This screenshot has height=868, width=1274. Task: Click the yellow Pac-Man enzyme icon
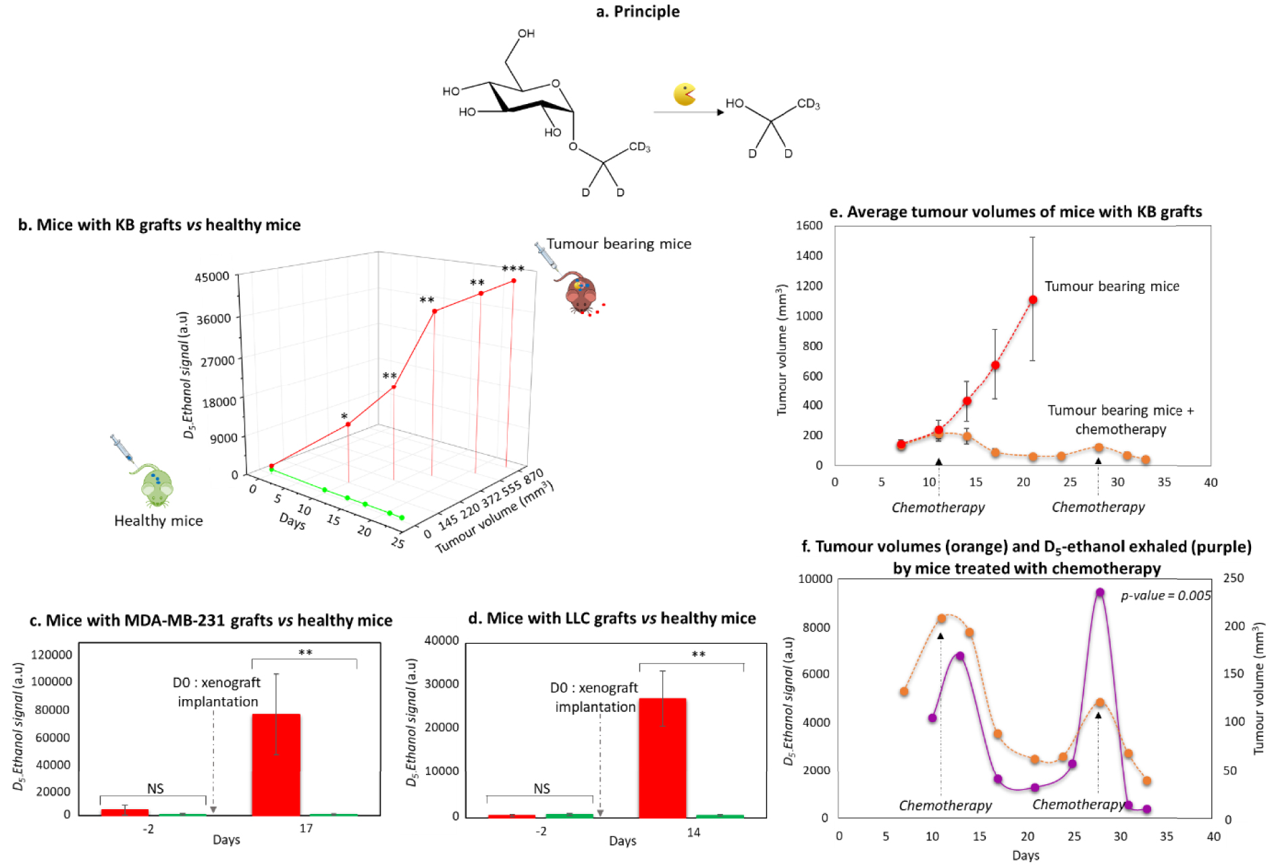pyautogui.click(x=684, y=95)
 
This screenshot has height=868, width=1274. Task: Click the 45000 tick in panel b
pyautogui.click(x=212, y=277)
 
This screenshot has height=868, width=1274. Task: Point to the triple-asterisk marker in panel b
pyautogui.click(x=513, y=269)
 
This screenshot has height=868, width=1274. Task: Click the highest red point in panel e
pyautogui.click(x=1032, y=300)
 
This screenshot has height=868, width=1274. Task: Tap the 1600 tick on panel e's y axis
pyautogui.click(x=809, y=226)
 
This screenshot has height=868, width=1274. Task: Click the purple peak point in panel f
pyautogui.click(x=1100, y=592)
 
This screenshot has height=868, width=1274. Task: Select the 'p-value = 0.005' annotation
pyautogui.click(x=1166, y=596)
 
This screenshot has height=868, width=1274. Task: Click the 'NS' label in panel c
pyautogui.click(x=155, y=788)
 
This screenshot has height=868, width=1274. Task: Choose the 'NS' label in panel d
pyautogui.click(x=541, y=788)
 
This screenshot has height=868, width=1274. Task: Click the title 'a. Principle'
pyautogui.click(x=637, y=11)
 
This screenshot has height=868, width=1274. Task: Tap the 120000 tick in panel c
pyautogui.click(x=52, y=655)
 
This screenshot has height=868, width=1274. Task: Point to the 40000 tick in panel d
pyautogui.click(x=442, y=640)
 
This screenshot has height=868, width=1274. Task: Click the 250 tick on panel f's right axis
pyautogui.click(x=1233, y=578)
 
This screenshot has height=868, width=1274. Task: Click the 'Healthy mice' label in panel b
pyautogui.click(x=158, y=521)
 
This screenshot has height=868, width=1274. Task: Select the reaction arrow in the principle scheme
pyautogui.click(x=688, y=112)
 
